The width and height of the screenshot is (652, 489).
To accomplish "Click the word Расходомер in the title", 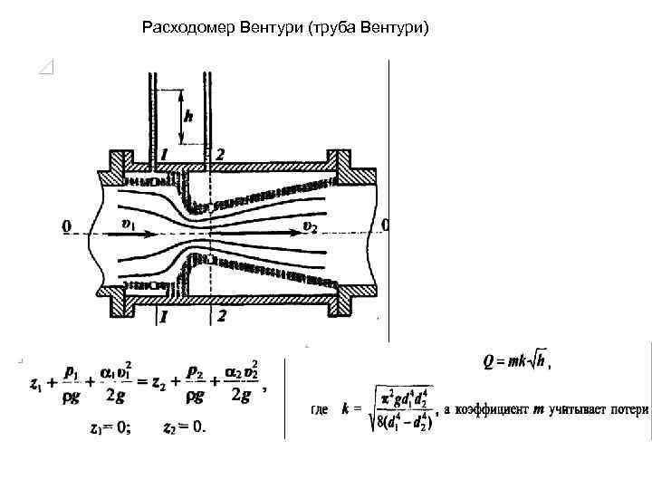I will pyautogui.click(x=189, y=28).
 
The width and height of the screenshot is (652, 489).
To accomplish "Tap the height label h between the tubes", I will pyautogui.click(x=188, y=116).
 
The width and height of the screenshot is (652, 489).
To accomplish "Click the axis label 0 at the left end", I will pyautogui.click(x=65, y=224).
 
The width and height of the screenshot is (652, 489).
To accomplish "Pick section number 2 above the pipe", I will pyautogui.click(x=220, y=155).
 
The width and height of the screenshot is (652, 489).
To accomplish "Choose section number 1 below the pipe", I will pyautogui.click(x=164, y=316).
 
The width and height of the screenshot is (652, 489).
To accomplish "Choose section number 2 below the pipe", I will pyautogui.click(x=220, y=316).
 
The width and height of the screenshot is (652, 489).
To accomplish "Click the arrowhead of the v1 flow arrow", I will pyautogui.click(x=152, y=233).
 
